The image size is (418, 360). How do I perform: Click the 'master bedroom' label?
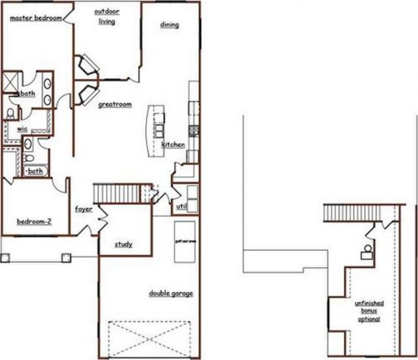coord(36,18)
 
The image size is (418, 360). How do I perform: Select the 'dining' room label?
coord(169,25)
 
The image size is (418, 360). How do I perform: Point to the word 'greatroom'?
coord(114,105)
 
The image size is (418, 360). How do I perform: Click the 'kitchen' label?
coord(173,145)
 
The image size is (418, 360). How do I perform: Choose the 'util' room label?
coord(181,207)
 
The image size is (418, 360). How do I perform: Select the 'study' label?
coord(123,244)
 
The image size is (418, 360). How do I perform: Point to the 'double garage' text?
coord(170,293)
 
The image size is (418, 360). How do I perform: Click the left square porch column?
coord(5,256)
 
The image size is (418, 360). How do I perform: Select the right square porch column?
coord(66,256)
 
